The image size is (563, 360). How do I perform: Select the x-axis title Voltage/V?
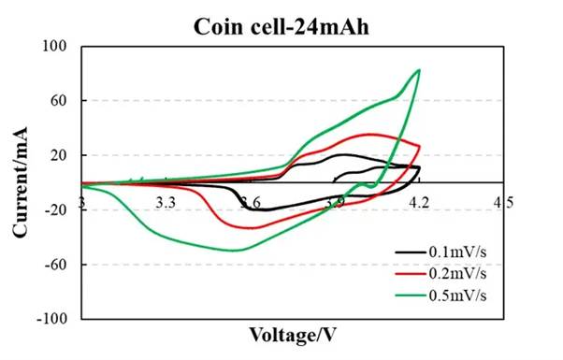click(292, 333)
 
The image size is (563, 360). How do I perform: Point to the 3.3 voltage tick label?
click(166, 201)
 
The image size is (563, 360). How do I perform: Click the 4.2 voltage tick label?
click(419, 201)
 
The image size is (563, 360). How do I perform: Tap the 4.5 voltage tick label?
click(503, 201)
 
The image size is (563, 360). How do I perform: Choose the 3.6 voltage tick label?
click(250, 201)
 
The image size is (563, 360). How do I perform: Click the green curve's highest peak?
click(419, 69)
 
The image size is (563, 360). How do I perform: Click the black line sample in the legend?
click(410, 252)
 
